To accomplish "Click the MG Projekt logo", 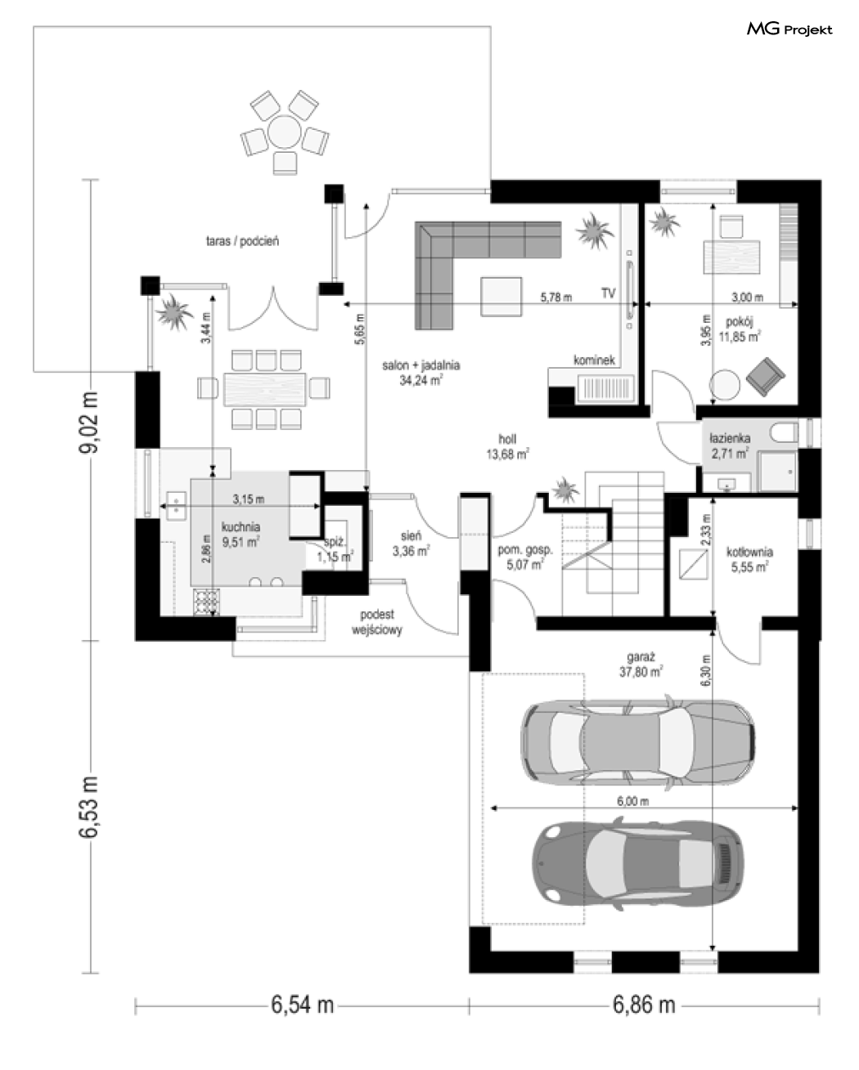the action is pyautogui.click(x=789, y=29).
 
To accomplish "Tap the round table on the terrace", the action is pyautogui.click(x=284, y=132).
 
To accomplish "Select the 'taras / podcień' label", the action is pyautogui.click(x=242, y=241).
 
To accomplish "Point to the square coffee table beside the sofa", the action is pyautogui.click(x=501, y=297).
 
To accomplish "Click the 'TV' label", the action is pyautogui.click(x=608, y=293).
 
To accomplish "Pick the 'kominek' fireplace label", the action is pyautogui.click(x=594, y=360).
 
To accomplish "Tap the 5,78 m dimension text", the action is pyautogui.click(x=556, y=298).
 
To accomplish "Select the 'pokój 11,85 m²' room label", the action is pyautogui.click(x=739, y=329).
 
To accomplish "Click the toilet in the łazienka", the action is pyautogui.click(x=784, y=432).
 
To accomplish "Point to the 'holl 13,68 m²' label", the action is pyautogui.click(x=507, y=446).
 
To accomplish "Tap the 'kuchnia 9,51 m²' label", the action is pyautogui.click(x=241, y=535).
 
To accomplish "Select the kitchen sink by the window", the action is pyautogui.click(x=176, y=506).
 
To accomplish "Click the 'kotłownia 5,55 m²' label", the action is pyautogui.click(x=749, y=559).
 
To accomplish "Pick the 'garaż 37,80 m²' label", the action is pyautogui.click(x=641, y=665).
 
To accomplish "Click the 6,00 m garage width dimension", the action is pyautogui.click(x=633, y=801).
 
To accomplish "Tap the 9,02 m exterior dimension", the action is pyautogui.click(x=89, y=422).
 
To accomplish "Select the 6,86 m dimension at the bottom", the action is pyautogui.click(x=644, y=1005).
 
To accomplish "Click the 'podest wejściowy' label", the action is pyautogui.click(x=377, y=622).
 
